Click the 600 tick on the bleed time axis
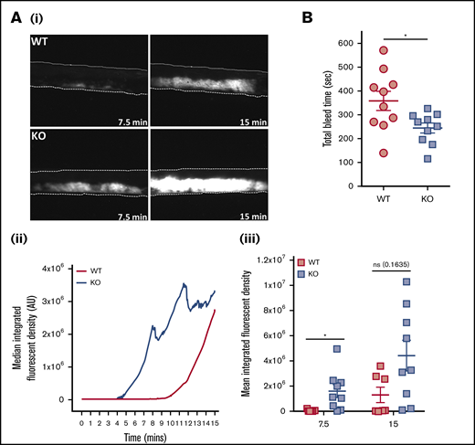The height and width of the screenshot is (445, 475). [x=344, y=42]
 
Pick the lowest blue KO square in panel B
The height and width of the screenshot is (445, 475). [x=427, y=158]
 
